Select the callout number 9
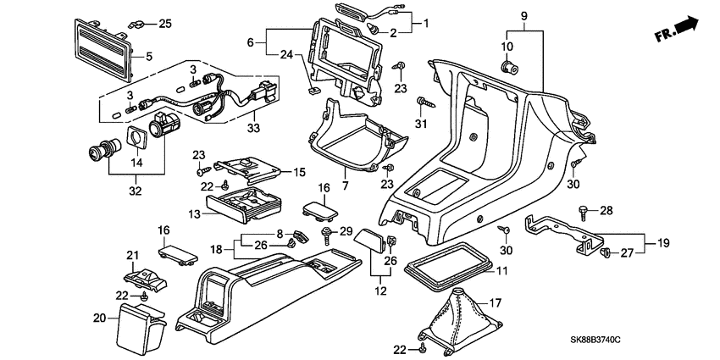coord(523,16)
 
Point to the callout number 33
coord(252,128)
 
